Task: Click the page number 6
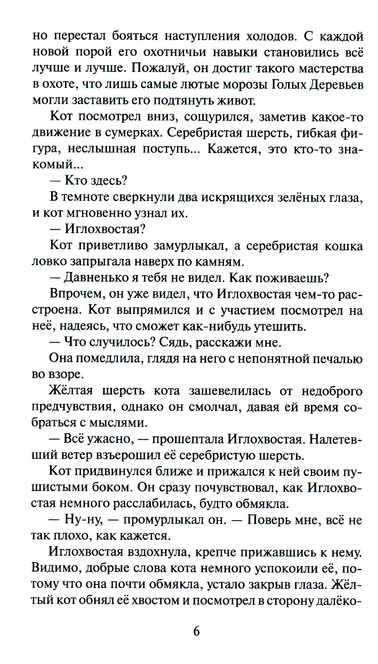(x=196, y=631)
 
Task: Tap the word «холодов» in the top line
(x=270, y=36)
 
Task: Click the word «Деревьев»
(x=336, y=85)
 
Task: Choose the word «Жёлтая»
(x=71, y=391)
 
